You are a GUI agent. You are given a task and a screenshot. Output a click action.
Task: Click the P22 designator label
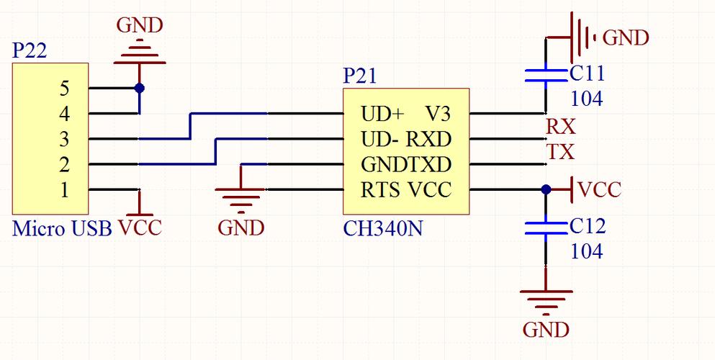(30, 50)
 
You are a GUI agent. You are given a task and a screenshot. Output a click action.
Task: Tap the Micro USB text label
(62, 228)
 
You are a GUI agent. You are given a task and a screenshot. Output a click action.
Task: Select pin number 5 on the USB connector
(64, 89)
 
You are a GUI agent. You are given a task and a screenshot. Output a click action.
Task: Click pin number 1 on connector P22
(64, 190)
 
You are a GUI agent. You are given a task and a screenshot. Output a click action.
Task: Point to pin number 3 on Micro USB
(64, 139)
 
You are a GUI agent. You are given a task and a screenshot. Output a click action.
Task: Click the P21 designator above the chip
(360, 76)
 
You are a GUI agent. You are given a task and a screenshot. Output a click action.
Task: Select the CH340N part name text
(382, 228)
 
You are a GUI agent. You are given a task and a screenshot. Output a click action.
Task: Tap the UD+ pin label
(382, 114)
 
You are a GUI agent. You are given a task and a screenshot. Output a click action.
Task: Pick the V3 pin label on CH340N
(439, 114)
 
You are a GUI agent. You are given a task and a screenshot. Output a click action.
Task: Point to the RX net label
(561, 127)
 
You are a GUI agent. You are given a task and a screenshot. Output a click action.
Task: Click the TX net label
(560, 152)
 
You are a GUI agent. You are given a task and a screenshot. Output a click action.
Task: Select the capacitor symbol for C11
(546, 76)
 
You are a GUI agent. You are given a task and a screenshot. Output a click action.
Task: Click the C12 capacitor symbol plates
(546, 228)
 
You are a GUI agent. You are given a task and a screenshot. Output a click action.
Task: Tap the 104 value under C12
(587, 251)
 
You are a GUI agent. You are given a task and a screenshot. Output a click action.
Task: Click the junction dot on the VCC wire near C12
(546, 189)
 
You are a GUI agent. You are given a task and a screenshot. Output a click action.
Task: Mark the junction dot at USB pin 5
(140, 88)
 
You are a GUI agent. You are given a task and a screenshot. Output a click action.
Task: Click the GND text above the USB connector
(140, 25)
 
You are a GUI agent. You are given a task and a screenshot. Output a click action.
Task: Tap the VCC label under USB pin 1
(140, 228)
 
